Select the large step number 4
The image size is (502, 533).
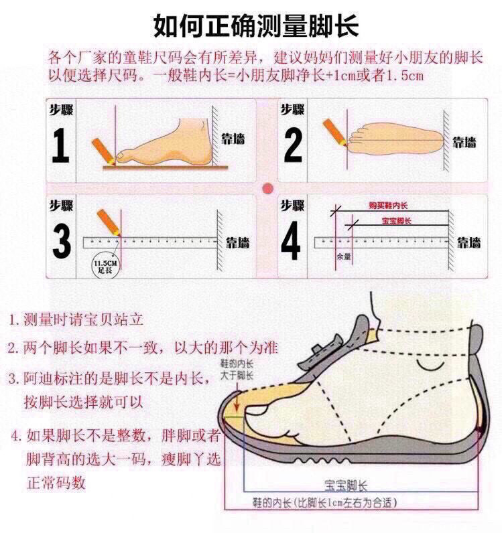[x=290, y=243]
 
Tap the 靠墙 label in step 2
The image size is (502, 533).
[x=464, y=141]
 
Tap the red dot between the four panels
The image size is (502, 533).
[x=267, y=187]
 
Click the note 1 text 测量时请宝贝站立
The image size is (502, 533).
[x=75, y=319]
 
